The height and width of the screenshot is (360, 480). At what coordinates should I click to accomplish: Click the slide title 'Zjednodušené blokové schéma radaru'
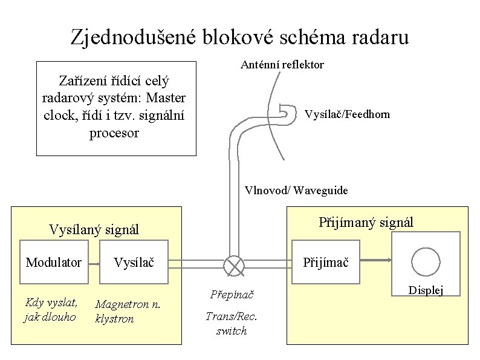pos(239,37)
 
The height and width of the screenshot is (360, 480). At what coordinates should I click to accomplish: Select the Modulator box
pos(53,262)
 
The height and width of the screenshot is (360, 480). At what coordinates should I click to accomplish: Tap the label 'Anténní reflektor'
pos(282,65)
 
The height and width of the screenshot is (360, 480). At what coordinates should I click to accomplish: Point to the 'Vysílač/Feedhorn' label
pos(347,114)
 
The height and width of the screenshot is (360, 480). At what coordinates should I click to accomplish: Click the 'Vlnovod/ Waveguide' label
pos(296,191)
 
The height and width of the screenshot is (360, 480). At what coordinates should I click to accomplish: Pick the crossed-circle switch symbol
pos(233,264)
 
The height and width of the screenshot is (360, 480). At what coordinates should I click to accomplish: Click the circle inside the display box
pos(425,260)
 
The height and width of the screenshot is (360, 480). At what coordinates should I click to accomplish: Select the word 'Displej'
pos(426,291)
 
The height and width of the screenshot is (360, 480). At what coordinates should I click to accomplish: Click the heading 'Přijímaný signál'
pos(366,223)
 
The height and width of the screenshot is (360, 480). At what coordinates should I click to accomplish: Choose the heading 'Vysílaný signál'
pos(94,229)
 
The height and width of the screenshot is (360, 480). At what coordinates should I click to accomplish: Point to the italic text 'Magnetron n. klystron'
pos(127,311)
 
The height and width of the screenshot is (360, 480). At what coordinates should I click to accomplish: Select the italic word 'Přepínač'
pos(232,295)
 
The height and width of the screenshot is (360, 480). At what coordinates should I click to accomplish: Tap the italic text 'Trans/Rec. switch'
pos(232,323)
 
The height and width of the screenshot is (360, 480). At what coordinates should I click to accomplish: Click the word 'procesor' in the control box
pos(114,133)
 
